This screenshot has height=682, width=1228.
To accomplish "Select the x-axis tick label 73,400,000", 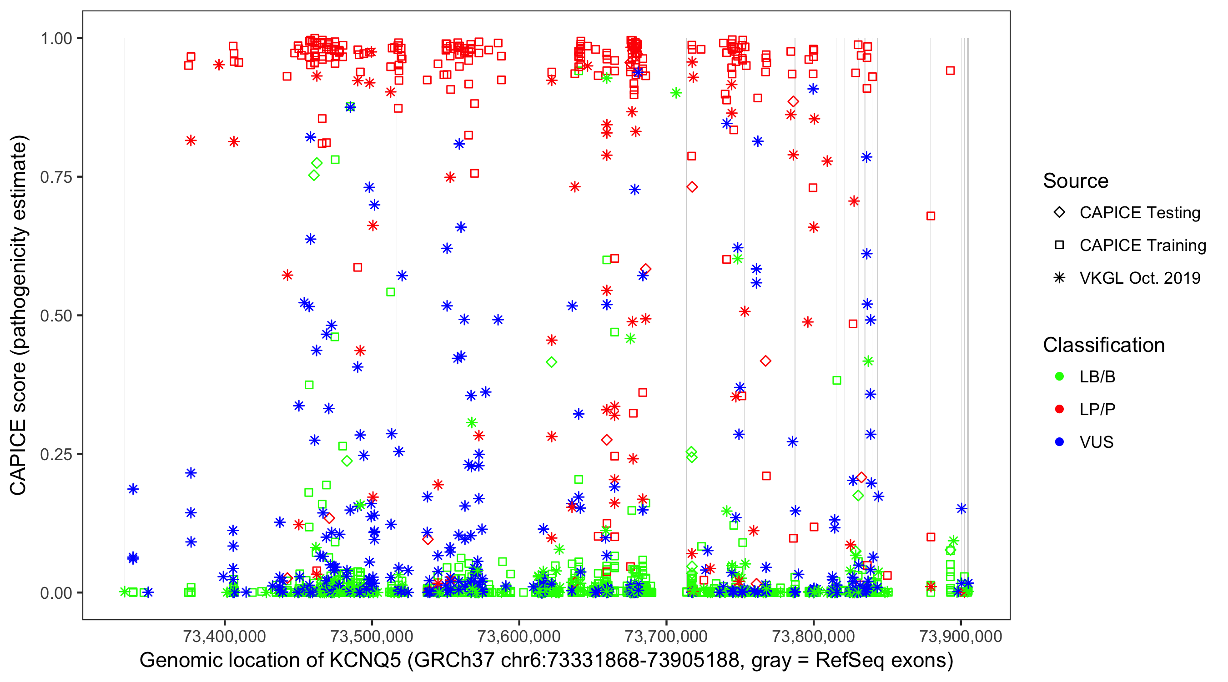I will [224, 636].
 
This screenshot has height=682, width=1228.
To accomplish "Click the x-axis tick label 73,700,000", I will [666, 636].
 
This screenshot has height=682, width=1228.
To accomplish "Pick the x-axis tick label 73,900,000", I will [960, 636].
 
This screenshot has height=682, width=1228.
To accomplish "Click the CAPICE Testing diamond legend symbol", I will [1059, 213].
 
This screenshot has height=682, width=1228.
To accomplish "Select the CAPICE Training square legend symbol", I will [1059, 246].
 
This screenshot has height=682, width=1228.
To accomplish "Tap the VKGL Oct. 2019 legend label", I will [1140, 278].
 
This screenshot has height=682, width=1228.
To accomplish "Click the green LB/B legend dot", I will [1059, 377].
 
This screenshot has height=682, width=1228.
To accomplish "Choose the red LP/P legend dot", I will [1059, 409].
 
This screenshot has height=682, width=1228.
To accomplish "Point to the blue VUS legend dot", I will [1059, 442].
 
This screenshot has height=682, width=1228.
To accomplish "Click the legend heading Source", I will [1076, 181].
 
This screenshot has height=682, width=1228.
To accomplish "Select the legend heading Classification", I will [1103, 345].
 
